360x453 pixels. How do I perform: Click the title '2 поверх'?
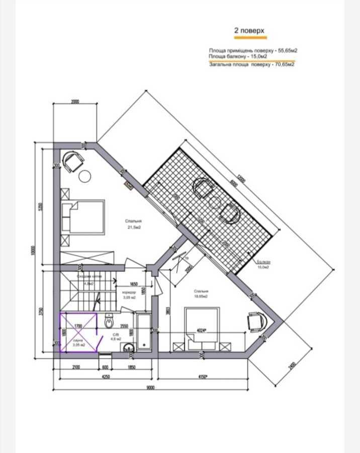click(x=250, y=30)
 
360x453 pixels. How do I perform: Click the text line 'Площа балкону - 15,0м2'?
click(x=238, y=56)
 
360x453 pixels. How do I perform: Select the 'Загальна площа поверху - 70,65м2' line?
click(x=252, y=64)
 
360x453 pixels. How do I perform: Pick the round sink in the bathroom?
click(x=130, y=347)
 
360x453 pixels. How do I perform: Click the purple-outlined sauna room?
click(x=77, y=332)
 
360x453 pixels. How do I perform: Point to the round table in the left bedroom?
click(x=85, y=176)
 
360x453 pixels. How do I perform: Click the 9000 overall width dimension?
click(x=151, y=387)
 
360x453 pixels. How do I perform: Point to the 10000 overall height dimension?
click(x=31, y=250)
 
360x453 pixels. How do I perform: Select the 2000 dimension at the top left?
click(x=75, y=102)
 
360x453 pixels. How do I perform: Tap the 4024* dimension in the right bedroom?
click(x=201, y=331)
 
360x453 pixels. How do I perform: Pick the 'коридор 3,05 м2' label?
click(x=129, y=294)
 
